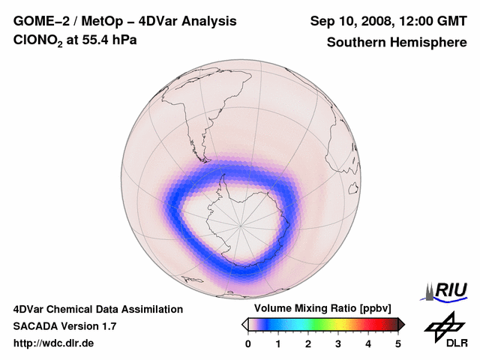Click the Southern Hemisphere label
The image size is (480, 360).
point(397,42)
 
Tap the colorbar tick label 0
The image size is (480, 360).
point(248,343)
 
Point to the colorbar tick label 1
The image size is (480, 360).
point(278,343)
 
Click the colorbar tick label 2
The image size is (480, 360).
point(308,343)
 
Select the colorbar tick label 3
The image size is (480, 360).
point(338,343)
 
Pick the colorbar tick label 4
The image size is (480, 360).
point(368,343)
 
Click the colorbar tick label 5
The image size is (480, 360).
point(398,343)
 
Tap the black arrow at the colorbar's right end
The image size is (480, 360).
point(401,324)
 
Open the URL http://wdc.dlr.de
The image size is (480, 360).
point(54,343)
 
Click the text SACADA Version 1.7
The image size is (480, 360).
point(64,326)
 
